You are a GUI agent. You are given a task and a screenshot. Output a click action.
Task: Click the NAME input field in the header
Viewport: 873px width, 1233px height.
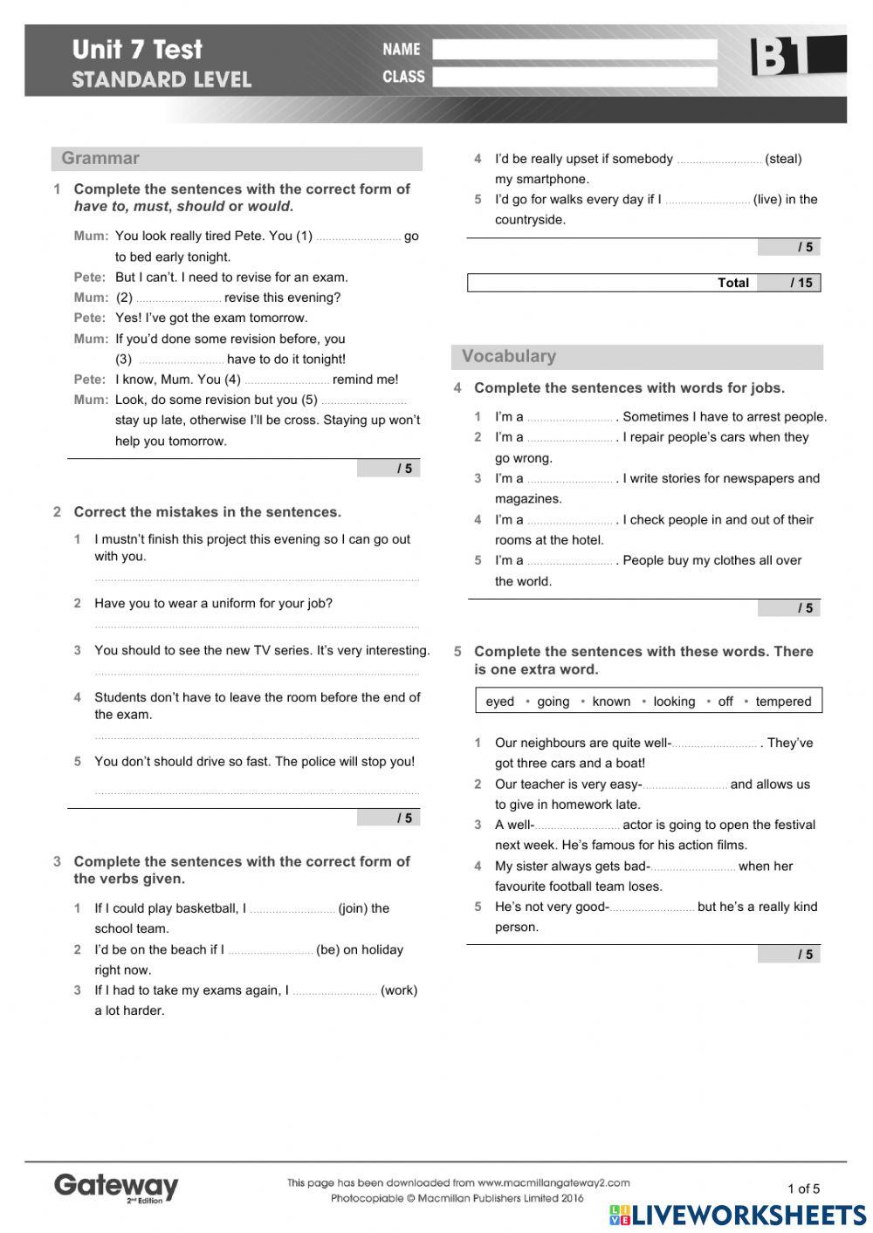click(x=574, y=50)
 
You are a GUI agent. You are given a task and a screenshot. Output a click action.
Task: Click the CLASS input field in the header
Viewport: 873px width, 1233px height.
click(x=574, y=77)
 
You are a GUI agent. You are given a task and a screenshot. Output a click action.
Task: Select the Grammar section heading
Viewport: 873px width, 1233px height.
click(x=100, y=158)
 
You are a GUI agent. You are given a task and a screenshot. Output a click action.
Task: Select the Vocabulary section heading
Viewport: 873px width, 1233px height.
click(x=508, y=356)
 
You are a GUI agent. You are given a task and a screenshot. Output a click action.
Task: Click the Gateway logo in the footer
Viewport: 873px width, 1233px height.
click(x=115, y=1187)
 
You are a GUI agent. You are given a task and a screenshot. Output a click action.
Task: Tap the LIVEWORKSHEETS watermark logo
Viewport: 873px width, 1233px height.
click(x=738, y=1216)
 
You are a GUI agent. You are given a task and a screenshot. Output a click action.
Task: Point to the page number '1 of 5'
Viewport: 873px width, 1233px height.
click(x=803, y=1188)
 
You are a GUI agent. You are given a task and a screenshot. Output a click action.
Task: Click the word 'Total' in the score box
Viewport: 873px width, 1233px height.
click(x=732, y=283)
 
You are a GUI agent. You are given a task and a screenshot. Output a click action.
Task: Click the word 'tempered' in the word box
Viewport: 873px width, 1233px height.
click(x=783, y=702)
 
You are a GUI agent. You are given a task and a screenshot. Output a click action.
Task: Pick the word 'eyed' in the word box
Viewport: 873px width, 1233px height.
click(x=499, y=702)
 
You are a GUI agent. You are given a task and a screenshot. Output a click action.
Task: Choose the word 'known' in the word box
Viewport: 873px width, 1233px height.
click(x=611, y=702)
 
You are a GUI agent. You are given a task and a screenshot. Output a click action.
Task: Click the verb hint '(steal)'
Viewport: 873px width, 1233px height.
click(x=783, y=159)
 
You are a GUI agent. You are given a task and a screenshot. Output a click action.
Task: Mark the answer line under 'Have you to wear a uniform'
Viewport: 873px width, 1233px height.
click(x=257, y=625)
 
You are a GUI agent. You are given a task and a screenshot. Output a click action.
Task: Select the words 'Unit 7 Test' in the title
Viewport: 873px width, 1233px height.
click(x=137, y=50)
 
